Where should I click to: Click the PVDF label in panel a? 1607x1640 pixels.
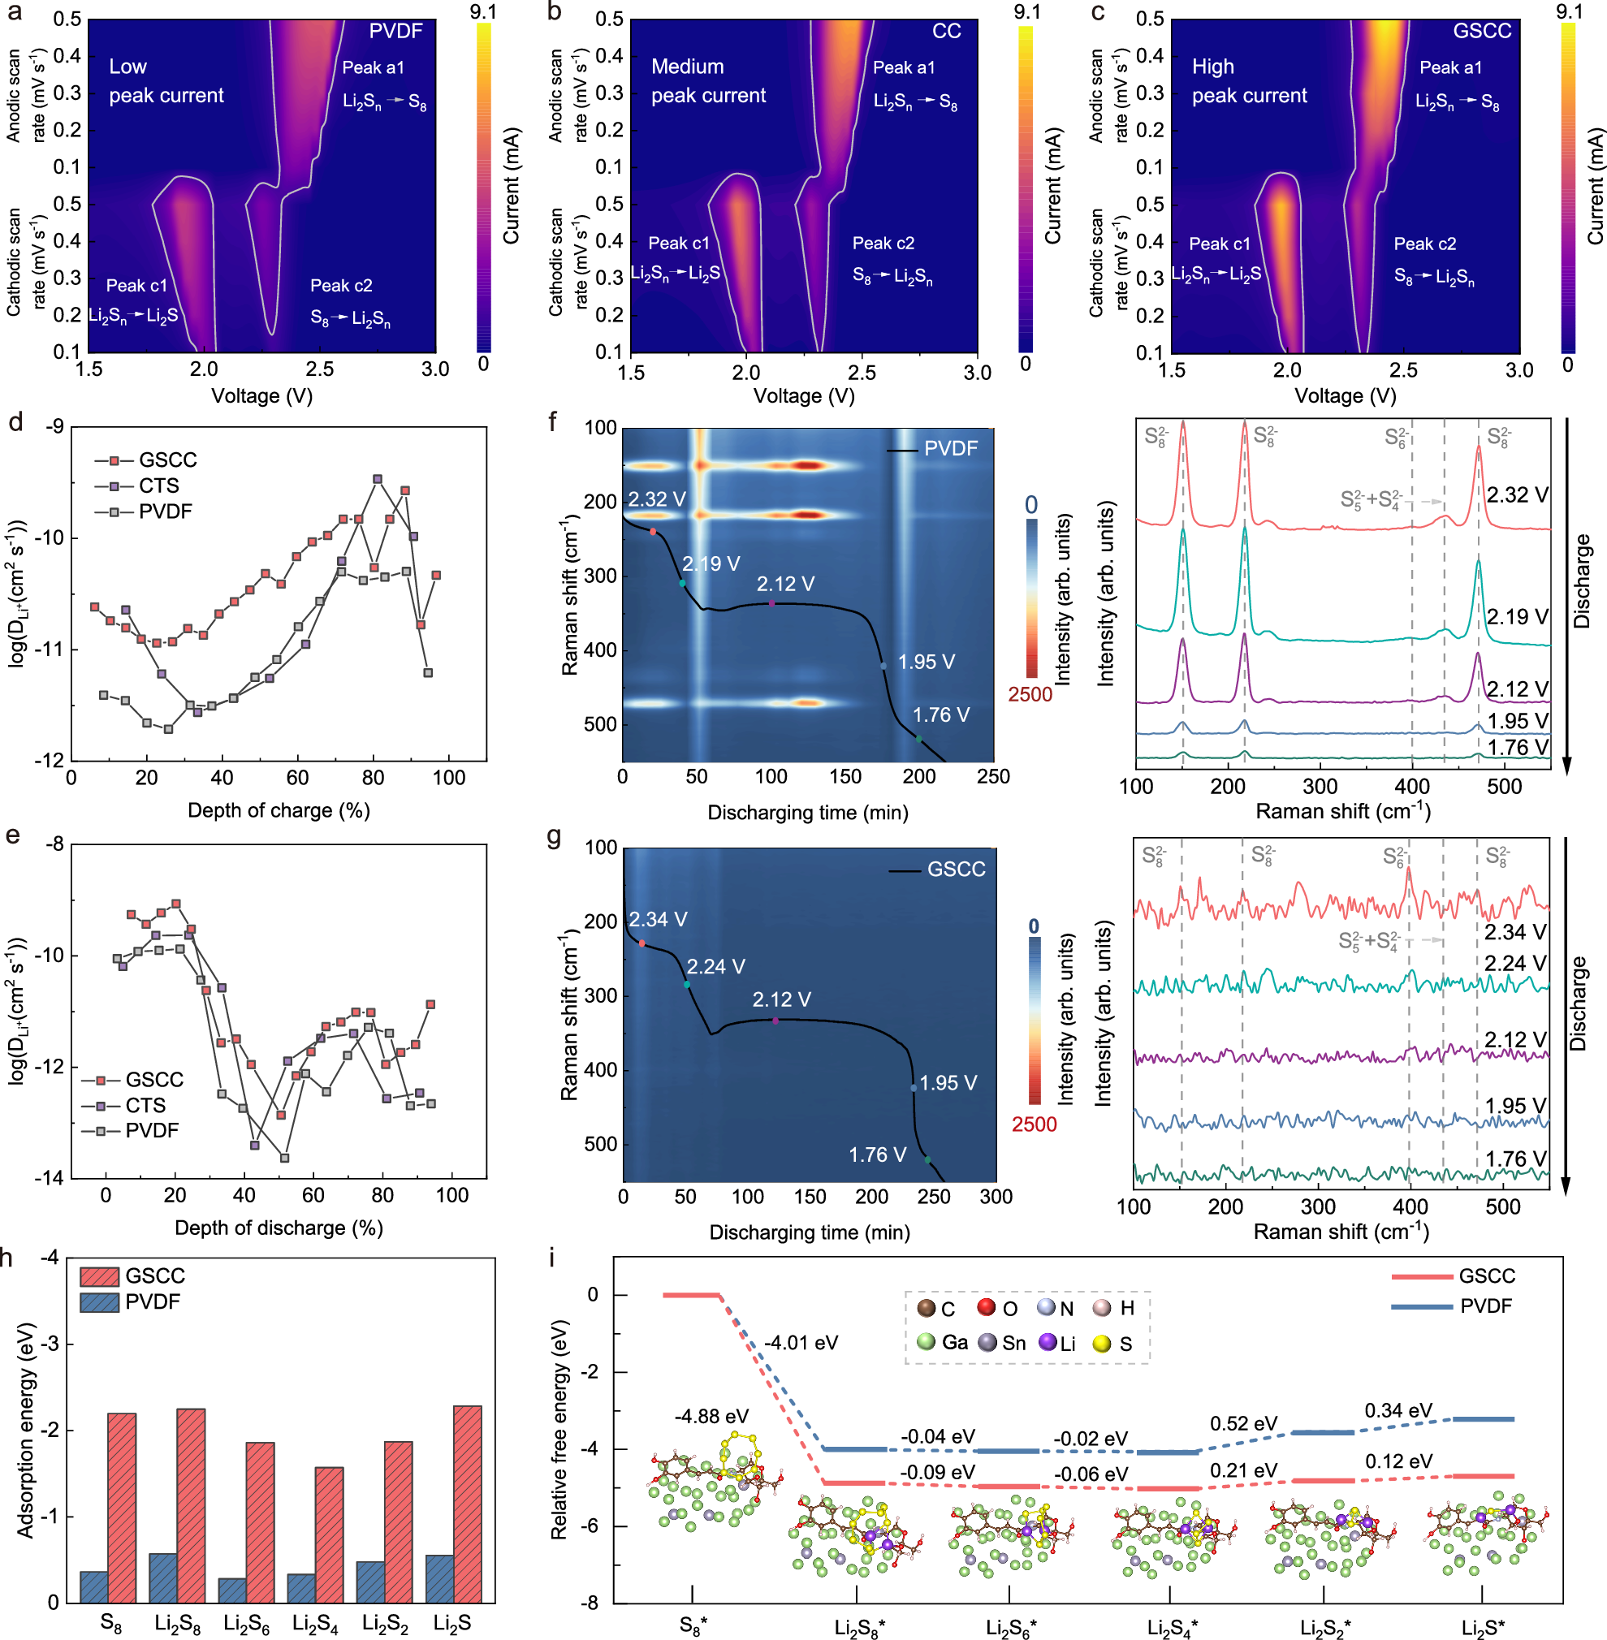395,31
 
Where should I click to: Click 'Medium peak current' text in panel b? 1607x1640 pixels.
708,81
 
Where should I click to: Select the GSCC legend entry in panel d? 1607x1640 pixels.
167,460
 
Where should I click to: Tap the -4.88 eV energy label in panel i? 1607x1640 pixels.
711,1416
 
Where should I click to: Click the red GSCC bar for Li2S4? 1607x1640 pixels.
329,1534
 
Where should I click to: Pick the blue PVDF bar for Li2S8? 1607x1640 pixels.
163,1577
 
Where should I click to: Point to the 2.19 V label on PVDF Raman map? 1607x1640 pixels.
711,563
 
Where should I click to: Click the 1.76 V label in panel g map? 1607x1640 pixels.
877,1154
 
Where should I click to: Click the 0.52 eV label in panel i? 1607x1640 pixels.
1243,1424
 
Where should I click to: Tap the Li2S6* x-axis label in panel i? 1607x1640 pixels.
1010,1626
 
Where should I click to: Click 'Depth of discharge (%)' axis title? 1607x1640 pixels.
279,1228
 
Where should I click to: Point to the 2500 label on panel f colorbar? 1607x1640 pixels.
1030,695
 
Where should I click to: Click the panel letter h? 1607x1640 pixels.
7,1258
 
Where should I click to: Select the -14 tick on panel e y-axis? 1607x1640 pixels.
49,1178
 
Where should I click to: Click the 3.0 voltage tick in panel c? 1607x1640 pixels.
1518,369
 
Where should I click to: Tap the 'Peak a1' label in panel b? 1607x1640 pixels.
903,67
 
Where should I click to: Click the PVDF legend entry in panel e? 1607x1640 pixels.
152,1130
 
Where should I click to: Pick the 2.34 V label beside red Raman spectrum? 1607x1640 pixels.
1515,932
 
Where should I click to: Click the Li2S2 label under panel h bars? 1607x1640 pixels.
385,1623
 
